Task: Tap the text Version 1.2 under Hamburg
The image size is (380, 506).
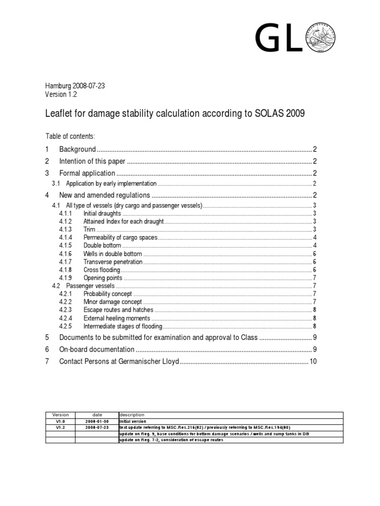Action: [61, 94]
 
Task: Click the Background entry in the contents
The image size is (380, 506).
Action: [77, 149]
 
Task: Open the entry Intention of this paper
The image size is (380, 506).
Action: [93, 161]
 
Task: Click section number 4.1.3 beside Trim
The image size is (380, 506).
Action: [65, 230]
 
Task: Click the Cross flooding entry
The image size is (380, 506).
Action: [102, 270]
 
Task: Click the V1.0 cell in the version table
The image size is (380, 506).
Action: [60, 421]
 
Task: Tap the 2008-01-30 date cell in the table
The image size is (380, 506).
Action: [97, 421]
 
